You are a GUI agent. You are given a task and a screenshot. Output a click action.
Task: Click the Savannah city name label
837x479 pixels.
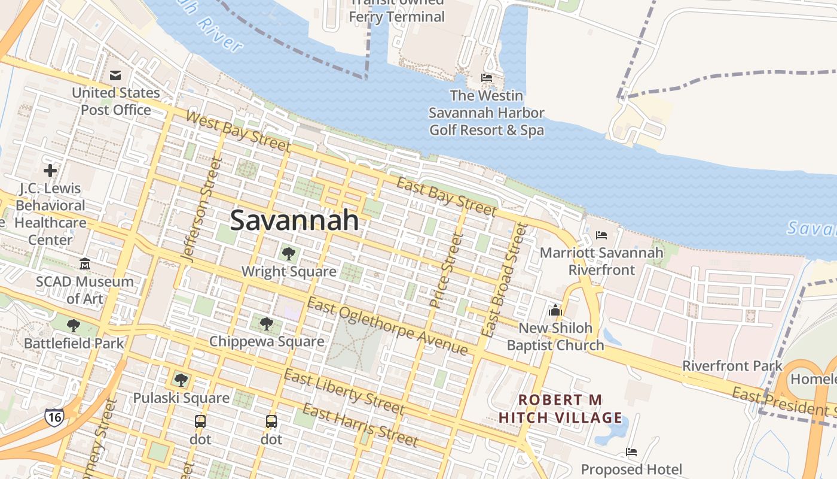pos(294,220)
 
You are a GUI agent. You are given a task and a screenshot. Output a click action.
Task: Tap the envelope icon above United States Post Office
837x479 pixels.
pos(115,75)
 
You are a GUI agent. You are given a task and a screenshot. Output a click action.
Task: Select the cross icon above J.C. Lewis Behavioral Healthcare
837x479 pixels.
pos(50,171)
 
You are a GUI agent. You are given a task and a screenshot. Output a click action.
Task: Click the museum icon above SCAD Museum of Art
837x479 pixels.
pos(85,263)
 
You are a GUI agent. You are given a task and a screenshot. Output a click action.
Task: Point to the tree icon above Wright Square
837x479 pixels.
pos(288,253)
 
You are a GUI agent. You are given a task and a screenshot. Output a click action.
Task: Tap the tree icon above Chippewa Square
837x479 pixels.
pos(267,324)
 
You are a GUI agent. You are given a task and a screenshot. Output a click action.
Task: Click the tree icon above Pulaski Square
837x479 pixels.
pos(181,380)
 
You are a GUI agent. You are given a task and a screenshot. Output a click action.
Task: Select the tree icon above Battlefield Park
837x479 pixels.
pos(74,326)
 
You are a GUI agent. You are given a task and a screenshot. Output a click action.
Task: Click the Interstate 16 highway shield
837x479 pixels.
pos(54,417)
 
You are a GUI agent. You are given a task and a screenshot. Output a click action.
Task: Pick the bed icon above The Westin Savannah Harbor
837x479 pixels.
pos(487,78)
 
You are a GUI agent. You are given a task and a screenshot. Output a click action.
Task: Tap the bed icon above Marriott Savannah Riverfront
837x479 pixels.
pos(601,235)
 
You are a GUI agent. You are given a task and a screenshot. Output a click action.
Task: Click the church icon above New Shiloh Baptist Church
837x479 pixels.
pos(555,310)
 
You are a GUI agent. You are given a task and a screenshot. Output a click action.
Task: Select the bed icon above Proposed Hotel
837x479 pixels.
pos(631,451)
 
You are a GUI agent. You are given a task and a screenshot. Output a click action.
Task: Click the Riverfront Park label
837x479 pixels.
pos(732,365)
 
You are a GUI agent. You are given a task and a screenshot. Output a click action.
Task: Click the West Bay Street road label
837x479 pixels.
pos(237,130)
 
